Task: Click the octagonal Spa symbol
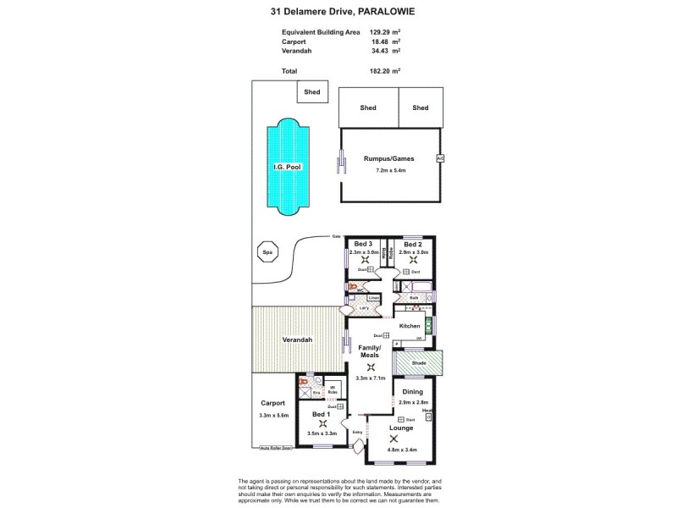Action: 267,251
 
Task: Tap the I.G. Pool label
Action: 287,168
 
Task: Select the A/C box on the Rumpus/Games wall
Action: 439,158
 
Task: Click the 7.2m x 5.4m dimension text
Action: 391,170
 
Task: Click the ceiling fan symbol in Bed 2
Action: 413,260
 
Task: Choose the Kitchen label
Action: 410,326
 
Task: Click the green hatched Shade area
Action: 420,364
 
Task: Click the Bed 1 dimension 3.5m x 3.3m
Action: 322,433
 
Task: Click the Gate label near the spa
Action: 335,237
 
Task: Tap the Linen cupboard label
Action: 372,299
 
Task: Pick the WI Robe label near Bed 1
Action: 333,390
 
